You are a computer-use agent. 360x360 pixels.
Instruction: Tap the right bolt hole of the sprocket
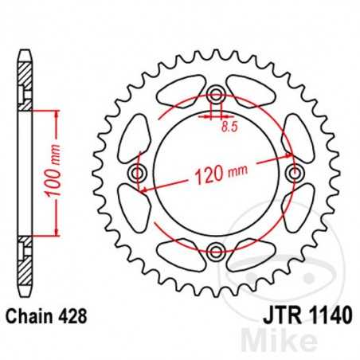click(295, 174)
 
